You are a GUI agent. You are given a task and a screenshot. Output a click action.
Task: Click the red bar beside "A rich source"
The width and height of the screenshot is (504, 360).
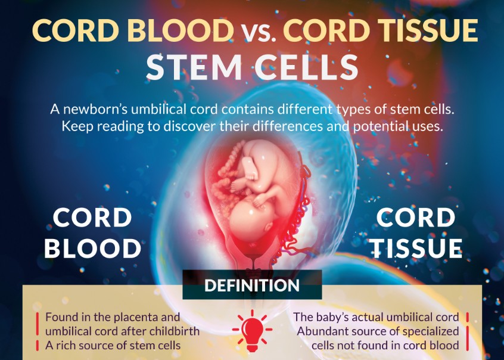coord(39,345)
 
